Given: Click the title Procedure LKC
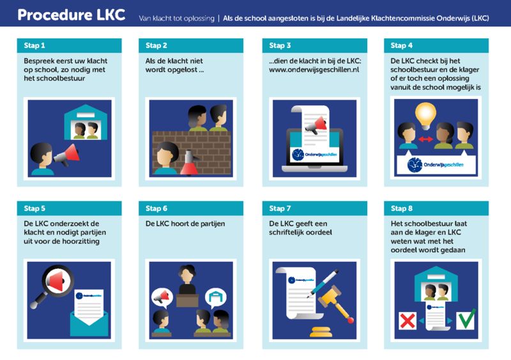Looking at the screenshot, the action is click(x=72, y=15).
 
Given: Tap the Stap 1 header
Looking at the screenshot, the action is click(x=69, y=45).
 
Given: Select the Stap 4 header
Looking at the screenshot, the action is click(x=436, y=45).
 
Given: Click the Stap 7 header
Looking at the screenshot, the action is click(x=314, y=209).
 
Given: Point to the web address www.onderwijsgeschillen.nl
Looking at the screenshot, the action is click(x=314, y=70).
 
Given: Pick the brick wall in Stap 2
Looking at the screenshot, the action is click(x=192, y=153).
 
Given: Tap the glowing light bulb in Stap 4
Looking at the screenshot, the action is click(x=425, y=116).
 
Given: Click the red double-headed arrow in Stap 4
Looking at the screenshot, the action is click(x=425, y=139).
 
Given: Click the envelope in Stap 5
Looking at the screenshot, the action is click(x=89, y=324).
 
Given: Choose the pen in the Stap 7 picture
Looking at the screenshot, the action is click(x=323, y=284).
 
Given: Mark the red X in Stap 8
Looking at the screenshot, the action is click(x=408, y=321).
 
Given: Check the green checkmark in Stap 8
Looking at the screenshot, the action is click(x=466, y=319).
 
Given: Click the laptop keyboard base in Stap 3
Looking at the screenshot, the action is click(x=314, y=169).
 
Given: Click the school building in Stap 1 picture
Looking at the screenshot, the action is click(x=86, y=122).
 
